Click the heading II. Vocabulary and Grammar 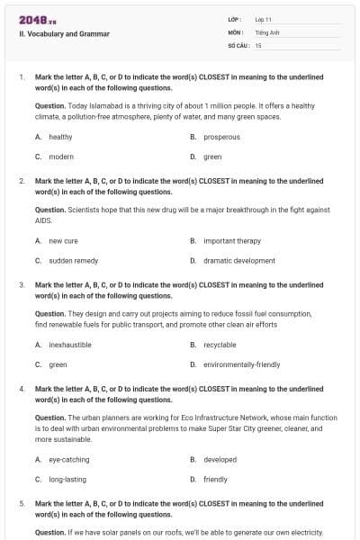(x=64, y=34)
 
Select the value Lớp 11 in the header (x=264, y=19)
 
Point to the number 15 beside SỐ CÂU (x=258, y=44)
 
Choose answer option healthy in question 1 (x=60, y=137)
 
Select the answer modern (x=60, y=157)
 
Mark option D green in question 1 (x=212, y=157)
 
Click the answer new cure (x=63, y=241)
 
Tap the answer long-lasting (x=67, y=480)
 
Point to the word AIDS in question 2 (x=43, y=220)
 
